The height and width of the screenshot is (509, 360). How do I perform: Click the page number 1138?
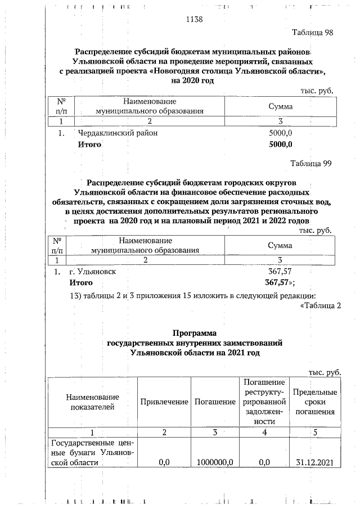[193, 20]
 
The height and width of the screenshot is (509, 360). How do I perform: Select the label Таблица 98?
[313, 32]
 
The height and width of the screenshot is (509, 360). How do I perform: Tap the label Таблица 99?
[311, 164]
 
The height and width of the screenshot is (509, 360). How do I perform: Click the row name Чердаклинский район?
[118, 133]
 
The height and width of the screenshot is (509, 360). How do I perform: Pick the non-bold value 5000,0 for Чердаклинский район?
[281, 133]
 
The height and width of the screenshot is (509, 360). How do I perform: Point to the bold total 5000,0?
[281, 145]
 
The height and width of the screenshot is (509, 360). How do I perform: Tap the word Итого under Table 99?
[81, 282]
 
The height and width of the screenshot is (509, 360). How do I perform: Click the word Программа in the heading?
[195, 333]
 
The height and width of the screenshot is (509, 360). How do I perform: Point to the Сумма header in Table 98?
[280, 106]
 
